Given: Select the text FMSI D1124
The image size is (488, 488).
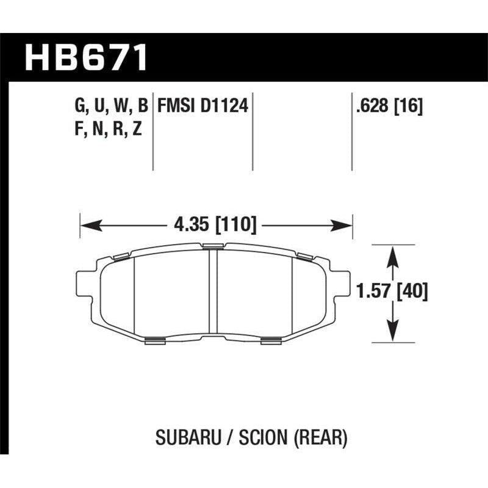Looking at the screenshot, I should (203, 107).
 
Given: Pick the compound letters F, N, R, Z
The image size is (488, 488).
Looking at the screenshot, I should (106, 129).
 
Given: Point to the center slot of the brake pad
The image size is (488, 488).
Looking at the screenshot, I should (213, 293).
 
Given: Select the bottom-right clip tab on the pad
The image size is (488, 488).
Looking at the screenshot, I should (271, 340).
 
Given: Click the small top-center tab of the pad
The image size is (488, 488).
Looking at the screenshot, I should (213, 246).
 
